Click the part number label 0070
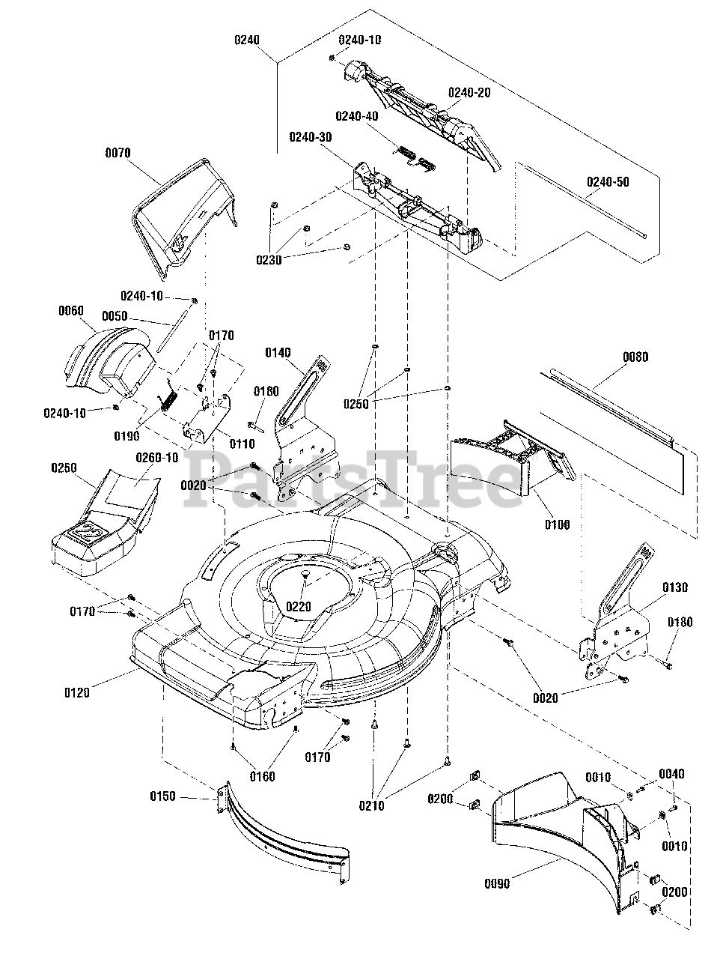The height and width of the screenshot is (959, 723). coord(118,153)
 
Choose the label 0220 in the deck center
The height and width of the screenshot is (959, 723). coord(298,607)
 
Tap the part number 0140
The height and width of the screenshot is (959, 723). coord(277,353)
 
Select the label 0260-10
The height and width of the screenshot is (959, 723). coord(157,457)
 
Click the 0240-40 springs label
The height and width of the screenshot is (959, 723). coord(356,116)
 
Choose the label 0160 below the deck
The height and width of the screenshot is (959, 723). coord(262,776)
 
